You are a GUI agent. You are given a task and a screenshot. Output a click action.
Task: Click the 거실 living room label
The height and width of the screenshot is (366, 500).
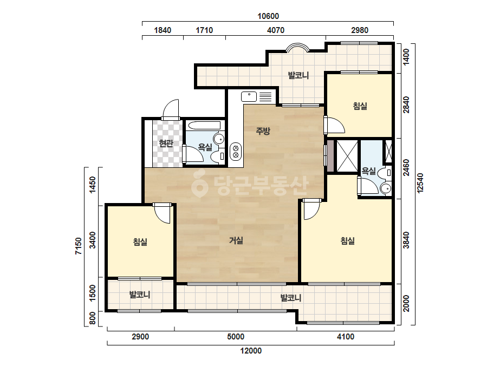pyautogui.click(x=236, y=240)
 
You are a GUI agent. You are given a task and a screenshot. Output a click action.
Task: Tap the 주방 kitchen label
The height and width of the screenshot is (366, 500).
pyautogui.click(x=263, y=130)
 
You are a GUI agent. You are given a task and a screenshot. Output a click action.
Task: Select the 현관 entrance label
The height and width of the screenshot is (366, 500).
pyautogui.click(x=166, y=143)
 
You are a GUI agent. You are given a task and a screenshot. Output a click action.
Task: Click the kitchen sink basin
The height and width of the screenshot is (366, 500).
pyautogui.click(x=249, y=96)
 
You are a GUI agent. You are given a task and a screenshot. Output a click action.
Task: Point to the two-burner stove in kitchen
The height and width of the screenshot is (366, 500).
pyautogui.click(x=236, y=151)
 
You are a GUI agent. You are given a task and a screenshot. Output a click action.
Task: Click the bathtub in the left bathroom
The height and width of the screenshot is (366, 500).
pyautogui.click(x=204, y=126)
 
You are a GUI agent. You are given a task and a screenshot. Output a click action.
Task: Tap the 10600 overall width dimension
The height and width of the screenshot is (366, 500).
pyautogui.click(x=268, y=16)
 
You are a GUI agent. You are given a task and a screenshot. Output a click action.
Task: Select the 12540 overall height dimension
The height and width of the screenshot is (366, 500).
pyautogui.click(x=420, y=182)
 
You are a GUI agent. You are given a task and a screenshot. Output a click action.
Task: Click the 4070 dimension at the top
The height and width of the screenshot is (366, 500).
pyautogui.click(x=276, y=30)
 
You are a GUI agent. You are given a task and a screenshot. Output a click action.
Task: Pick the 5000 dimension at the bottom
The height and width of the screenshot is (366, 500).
pyautogui.click(x=236, y=337)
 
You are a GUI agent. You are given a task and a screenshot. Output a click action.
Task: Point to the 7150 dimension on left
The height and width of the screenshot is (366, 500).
pyautogui.click(x=79, y=246)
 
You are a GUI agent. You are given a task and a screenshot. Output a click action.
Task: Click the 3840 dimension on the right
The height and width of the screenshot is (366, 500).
pyautogui.click(x=406, y=240)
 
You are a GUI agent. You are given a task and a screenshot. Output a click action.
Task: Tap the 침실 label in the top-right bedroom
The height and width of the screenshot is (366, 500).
pyautogui.click(x=360, y=106)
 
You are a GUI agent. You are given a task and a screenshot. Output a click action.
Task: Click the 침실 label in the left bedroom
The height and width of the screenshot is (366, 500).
pyautogui.click(x=140, y=242)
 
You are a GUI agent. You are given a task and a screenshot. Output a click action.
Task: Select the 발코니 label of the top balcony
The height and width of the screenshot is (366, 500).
pyautogui.click(x=298, y=76)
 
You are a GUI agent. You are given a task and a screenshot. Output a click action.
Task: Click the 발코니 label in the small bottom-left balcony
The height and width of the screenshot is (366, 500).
pyautogui.click(x=140, y=295)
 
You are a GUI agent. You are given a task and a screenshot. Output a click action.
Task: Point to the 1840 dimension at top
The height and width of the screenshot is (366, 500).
pyautogui.click(x=163, y=30)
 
